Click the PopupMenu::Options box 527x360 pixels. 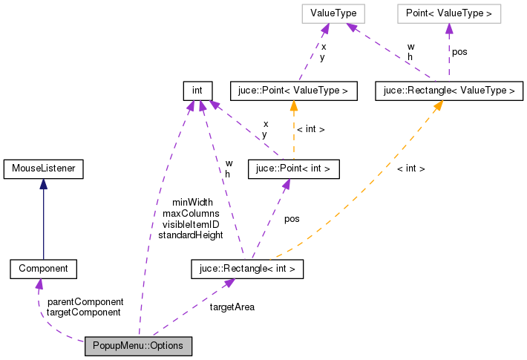pos(138,346)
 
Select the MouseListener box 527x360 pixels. pos(42,169)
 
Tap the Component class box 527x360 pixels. pos(43,269)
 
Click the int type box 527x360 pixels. pos(197,91)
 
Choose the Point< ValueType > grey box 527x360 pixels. pos(448,13)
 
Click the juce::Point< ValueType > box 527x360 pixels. pos(294,91)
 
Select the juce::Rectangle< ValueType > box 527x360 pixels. pos(448,91)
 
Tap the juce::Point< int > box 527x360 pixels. pos(293,169)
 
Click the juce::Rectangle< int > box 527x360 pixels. pos(247,269)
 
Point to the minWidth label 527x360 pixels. pos(192,202)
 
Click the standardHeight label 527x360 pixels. pos(191,235)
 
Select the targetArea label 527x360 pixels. pos(232,307)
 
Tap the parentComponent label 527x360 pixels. pos(85,302)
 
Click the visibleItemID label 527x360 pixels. pos(191,224)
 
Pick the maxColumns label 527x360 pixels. pos(191,213)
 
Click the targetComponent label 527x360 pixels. pos(83,312)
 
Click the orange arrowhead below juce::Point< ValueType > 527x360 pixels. pos(294,105)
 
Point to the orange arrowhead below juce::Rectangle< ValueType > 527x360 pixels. pos(439,105)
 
